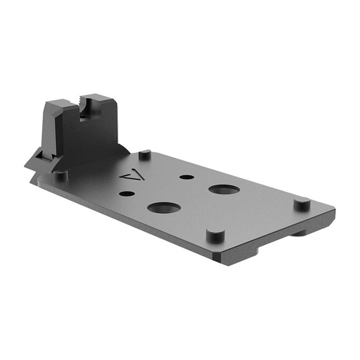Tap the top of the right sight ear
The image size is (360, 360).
pyautogui.click(x=100, y=98)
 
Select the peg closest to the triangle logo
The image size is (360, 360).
pyautogui.click(x=145, y=155)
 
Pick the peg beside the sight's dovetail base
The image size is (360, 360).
pyautogui.click(x=60, y=176)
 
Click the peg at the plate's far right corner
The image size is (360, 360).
pyautogui.click(x=301, y=203)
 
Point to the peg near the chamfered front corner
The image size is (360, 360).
pyautogui.click(x=215, y=234)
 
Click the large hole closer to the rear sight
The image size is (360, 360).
pyautogui.click(x=164, y=208)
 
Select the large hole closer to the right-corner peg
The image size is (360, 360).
pyautogui.click(x=224, y=189)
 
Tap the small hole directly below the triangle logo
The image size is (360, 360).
pyautogui.click(x=127, y=194)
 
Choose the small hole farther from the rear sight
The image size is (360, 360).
pyautogui.click(x=187, y=177)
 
